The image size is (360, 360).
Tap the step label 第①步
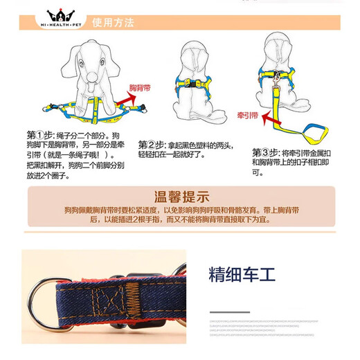39,134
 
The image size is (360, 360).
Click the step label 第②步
152,145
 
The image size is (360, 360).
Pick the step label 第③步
265,152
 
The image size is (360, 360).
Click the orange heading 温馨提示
180,196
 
